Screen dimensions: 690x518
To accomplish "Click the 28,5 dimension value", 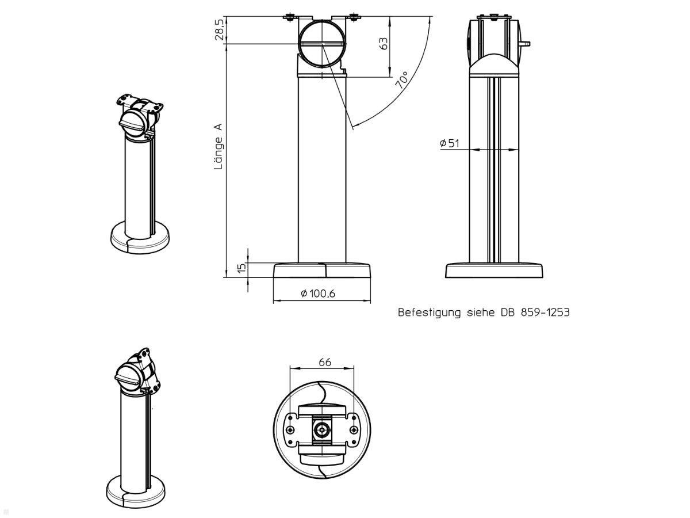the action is (x=219, y=29).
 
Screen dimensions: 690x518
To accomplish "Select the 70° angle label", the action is (x=402, y=79).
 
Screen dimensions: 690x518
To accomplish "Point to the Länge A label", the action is (x=218, y=146).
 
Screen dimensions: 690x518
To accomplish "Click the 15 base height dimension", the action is (x=241, y=268).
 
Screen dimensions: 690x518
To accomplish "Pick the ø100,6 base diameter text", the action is (x=318, y=294).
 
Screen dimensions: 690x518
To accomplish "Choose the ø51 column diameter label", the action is (x=450, y=143).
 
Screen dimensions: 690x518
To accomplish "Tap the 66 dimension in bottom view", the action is (x=325, y=363).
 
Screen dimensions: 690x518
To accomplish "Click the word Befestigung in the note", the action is (x=429, y=313).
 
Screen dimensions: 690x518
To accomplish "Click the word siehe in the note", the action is (x=480, y=312).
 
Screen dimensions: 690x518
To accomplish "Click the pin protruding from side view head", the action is (x=524, y=44).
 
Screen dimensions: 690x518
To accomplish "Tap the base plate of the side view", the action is (x=494, y=271).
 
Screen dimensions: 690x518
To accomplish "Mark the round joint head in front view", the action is (x=322, y=44).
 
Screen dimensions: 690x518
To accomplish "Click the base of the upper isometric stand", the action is (x=140, y=237).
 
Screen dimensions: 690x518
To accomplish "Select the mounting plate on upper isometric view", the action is (x=140, y=103).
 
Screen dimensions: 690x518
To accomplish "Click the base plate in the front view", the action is (x=322, y=270).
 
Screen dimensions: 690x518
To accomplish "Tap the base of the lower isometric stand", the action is (x=136, y=492).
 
